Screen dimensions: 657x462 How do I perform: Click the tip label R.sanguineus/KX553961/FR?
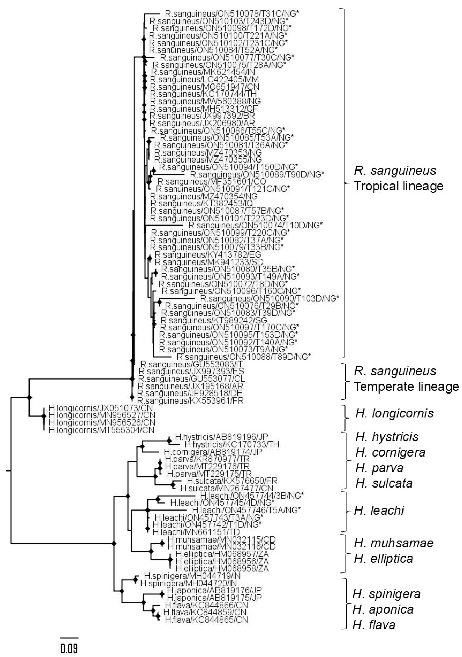[x=191, y=400]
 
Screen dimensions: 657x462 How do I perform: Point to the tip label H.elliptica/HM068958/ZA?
[x=222, y=568]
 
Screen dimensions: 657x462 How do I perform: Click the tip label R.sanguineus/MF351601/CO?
[x=212, y=181]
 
